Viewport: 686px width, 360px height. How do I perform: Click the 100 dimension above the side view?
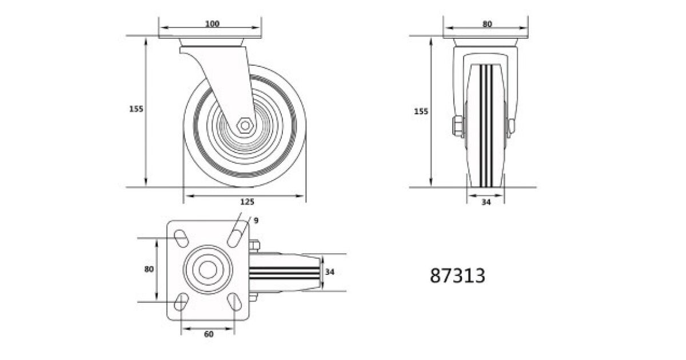point(212,23)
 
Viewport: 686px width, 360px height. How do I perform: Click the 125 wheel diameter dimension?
point(247,202)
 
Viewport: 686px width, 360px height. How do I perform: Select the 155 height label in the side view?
point(136,109)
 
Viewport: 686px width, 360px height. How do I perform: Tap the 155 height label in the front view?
point(421,111)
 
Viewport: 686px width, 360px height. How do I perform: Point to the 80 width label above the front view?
point(487,24)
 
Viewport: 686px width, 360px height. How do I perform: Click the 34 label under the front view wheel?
point(486,202)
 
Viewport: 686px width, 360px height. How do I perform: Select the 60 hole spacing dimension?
point(209,334)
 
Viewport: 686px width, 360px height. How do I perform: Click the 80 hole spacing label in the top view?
point(149,269)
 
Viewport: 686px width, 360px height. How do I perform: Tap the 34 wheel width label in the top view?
point(329,272)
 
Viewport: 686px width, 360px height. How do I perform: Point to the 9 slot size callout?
point(256,221)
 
